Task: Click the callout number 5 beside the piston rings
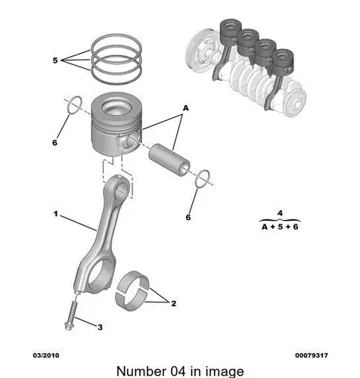pyautogui.click(x=55, y=60)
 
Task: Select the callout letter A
pyautogui.click(x=185, y=108)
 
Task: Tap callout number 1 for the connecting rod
pyautogui.click(x=56, y=214)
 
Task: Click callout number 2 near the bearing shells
pyautogui.click(x=174, y=303)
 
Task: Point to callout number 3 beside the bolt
pyautogui.click(x=100, y=327)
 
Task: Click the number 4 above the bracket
pyautogui.click(x=280, y=213)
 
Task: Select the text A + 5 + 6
pyautogui.click(x=280, y=227)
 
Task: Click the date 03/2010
pyautogui.click(x=46, y=355)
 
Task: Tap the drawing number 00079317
pyautogui.click(x=312, y=355)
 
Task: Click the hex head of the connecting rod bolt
pyautogui.click(x=69, y=326)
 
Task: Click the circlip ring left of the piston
pyautogui.click(x=74, y=105)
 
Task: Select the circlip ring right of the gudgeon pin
pyautogui.click(x=203, y=178)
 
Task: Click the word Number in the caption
pyautogui.click(x=140, y=371)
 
